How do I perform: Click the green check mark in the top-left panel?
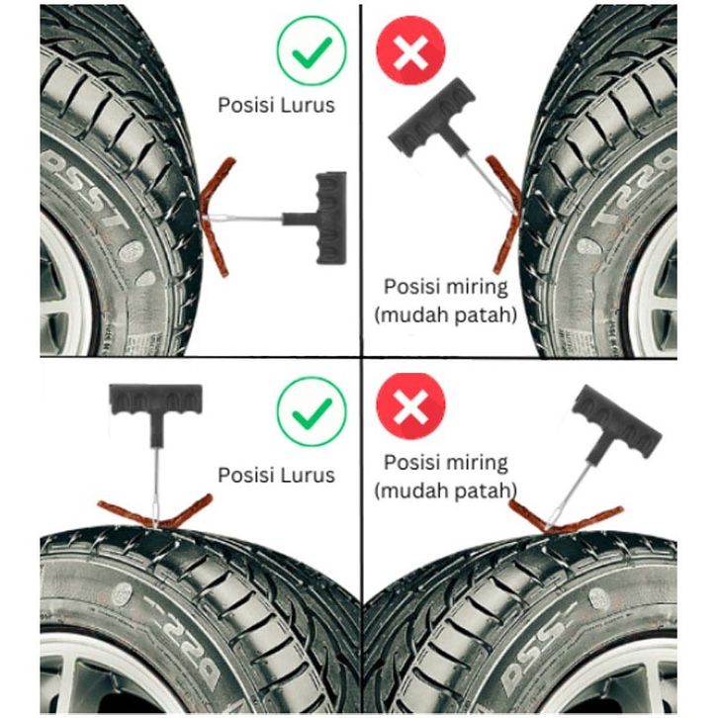click(x=312, y=51)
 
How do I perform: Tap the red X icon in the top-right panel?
click(x=410, y=51)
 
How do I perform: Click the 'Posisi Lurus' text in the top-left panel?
click(x=277, y=104)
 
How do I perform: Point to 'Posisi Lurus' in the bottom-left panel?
click(x=276, y=475)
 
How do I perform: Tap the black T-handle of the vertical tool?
click(x=154, y=404)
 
